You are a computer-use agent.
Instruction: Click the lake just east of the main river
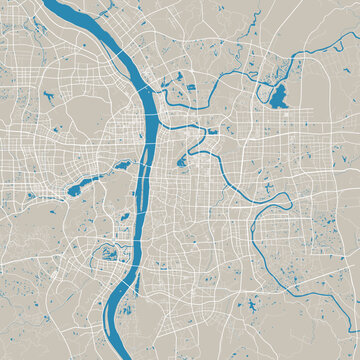182,159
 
